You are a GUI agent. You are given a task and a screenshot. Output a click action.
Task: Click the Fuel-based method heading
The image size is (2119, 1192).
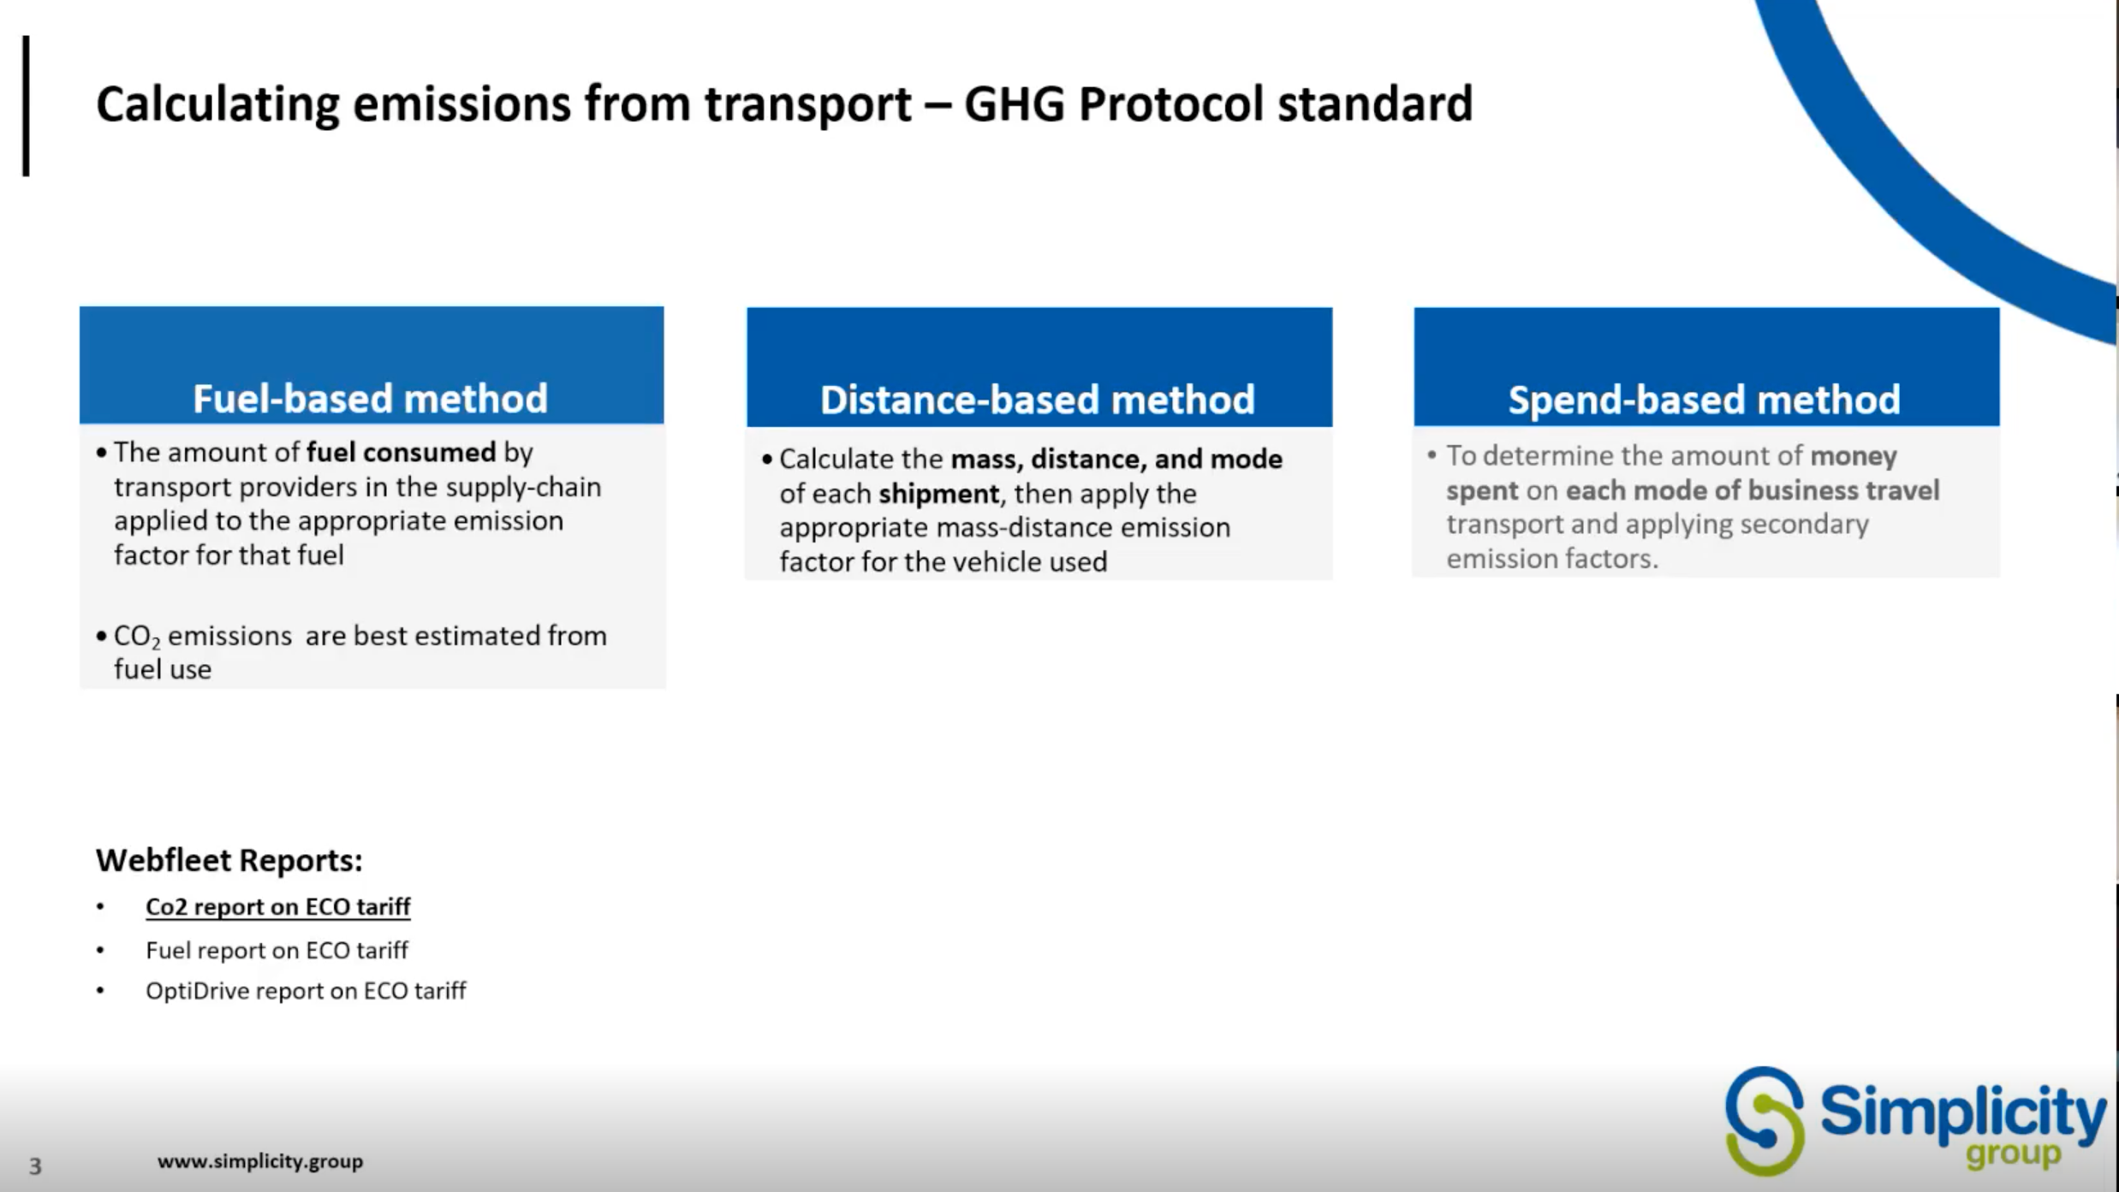370,399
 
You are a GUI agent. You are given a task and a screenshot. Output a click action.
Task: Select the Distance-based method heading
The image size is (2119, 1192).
1038,400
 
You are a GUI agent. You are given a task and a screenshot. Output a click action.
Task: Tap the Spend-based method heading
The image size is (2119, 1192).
1704,400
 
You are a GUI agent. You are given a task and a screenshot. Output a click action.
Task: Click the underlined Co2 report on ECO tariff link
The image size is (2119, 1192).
278,906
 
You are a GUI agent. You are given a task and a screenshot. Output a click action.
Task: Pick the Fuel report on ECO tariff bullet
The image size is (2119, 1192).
277,950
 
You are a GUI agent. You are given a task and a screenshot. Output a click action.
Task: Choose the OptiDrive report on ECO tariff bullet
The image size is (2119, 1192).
306,990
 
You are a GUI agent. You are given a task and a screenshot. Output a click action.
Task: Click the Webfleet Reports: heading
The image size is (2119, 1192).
229,860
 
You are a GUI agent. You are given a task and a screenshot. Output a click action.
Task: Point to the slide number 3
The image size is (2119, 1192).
35,1165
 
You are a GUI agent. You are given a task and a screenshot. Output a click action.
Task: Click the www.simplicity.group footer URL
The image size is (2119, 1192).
260,1161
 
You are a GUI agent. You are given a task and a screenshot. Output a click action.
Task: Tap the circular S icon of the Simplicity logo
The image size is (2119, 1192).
1764,1121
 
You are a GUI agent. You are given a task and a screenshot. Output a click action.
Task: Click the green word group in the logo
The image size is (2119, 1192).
2013,1154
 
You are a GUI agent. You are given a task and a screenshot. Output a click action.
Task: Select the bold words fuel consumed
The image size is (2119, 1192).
401,452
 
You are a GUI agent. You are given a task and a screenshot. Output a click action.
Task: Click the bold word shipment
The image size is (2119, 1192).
938,494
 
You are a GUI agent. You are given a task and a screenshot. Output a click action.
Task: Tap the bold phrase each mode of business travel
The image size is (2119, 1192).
1753,490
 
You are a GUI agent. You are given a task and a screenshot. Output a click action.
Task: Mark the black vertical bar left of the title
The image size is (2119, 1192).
27,106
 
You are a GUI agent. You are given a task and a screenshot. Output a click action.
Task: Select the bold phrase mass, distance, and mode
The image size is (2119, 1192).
1116,460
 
